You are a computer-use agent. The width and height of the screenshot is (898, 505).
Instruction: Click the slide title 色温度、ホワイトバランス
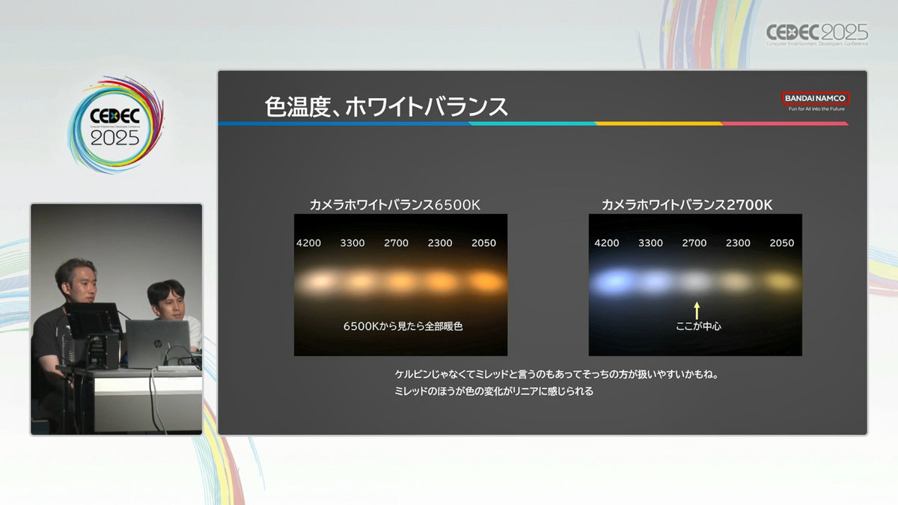click(386, 107)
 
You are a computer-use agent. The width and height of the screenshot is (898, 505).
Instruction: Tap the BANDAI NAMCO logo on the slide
click(816, 98)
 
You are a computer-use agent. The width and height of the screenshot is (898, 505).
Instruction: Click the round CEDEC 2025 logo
click(115, 125)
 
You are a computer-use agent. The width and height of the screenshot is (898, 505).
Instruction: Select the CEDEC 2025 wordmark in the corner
click(817, 34)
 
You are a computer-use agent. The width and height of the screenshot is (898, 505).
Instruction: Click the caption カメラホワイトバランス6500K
click(395, 205)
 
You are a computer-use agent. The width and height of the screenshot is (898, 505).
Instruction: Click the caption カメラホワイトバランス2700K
click(687, 205)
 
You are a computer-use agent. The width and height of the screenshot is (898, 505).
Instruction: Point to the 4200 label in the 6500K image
click(308, 243)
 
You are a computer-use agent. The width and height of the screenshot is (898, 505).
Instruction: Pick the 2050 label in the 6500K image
click(483, 243)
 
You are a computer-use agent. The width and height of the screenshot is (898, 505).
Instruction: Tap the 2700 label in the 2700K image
click(694, 243)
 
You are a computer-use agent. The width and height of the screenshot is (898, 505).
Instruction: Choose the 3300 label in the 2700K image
click(650, 243)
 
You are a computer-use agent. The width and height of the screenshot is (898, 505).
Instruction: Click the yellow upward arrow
click(697, 310)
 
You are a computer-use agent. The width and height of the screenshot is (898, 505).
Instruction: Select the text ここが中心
click(698, 326)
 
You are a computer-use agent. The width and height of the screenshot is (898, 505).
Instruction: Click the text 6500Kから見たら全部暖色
click(403, 326)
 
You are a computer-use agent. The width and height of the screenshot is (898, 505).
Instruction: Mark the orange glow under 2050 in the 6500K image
click(486, 281)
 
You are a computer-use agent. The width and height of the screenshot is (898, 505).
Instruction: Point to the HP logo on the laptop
click(156, 343)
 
